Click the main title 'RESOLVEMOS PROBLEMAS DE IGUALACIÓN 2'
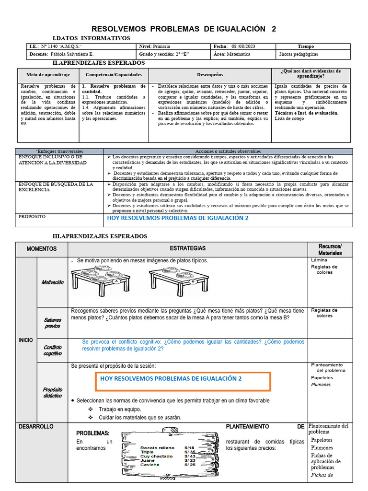[184, 29]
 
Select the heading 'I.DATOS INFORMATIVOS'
[91, 38]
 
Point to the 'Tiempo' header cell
[306, 47]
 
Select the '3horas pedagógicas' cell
[298, 55]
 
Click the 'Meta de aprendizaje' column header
[48, 75]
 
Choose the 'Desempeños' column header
[210, 75]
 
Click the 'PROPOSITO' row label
[32, 217]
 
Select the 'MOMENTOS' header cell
[42, 249]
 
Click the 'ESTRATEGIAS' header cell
[187, 248]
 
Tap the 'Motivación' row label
[52, 282]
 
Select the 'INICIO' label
[26, 340]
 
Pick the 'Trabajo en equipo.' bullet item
[120, 409]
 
